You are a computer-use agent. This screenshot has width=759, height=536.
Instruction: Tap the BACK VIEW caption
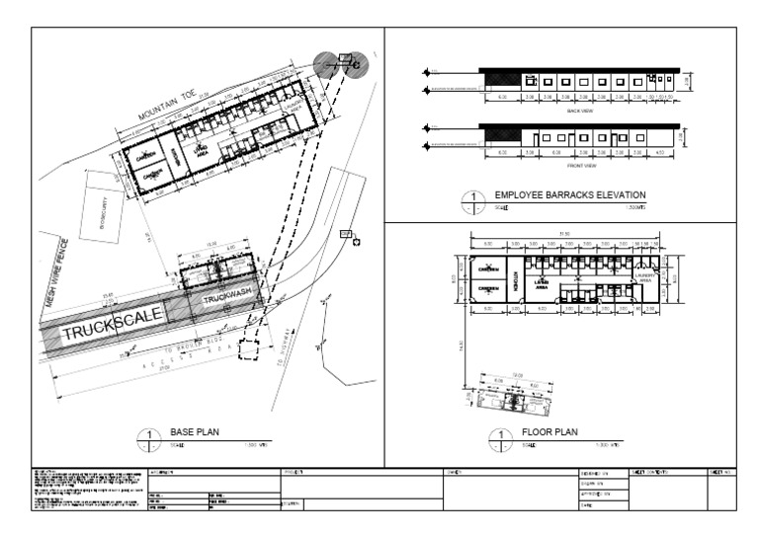click(x=579, y=112)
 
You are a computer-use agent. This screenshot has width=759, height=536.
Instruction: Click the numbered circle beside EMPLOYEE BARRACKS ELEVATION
click(x=472, y=201)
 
